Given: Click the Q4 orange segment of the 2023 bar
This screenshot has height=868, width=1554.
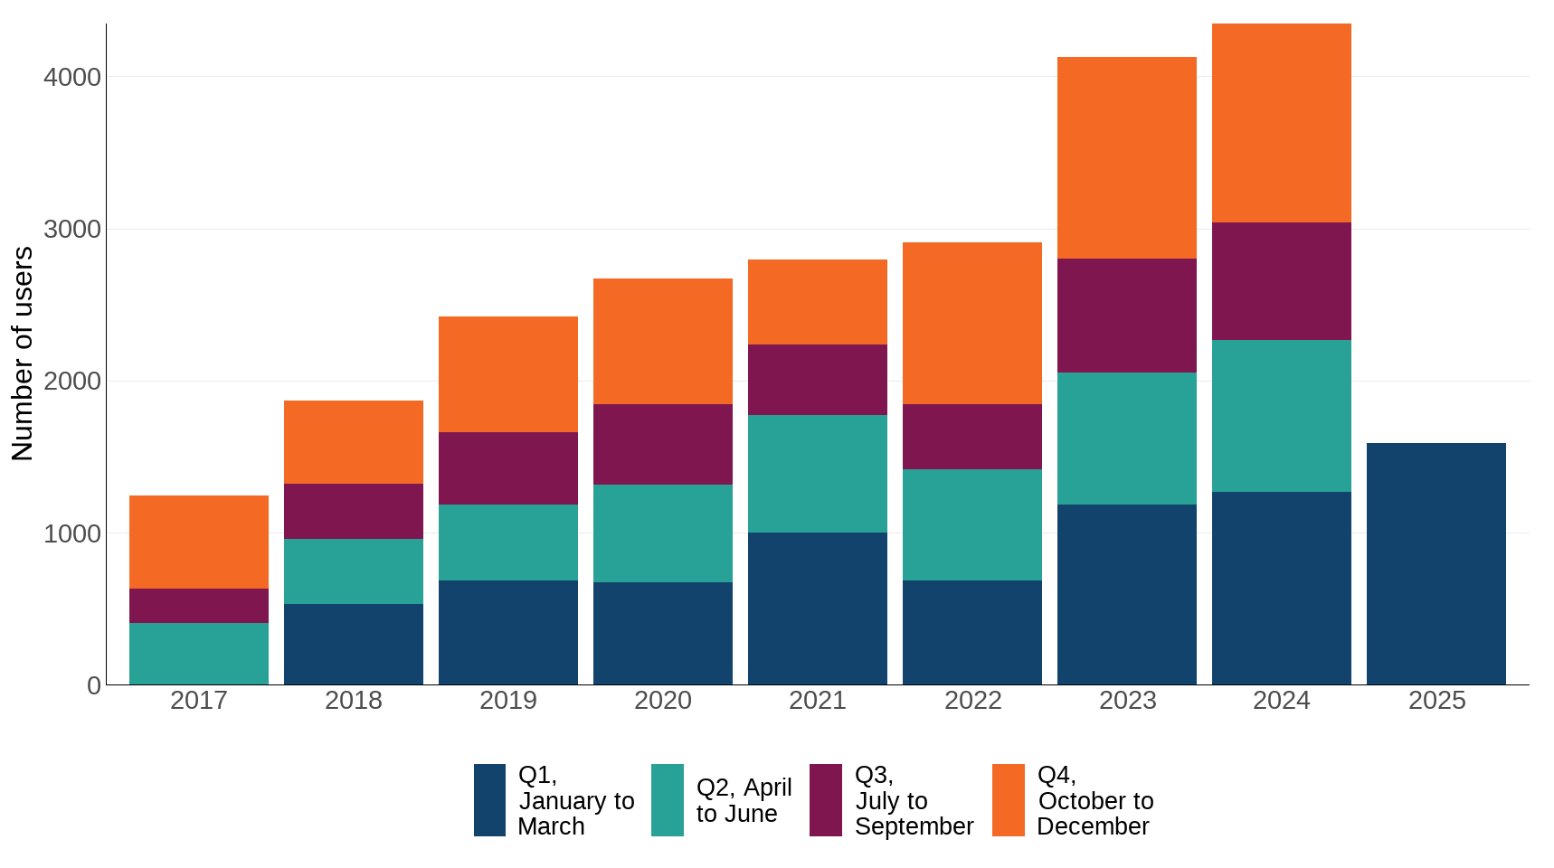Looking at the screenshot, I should pos(1126,158).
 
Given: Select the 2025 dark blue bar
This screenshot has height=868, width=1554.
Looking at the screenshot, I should pos(1436,563).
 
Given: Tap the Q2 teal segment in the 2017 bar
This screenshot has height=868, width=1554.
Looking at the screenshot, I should pos(199,653).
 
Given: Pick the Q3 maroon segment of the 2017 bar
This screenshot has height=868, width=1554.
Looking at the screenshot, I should pos(199,606).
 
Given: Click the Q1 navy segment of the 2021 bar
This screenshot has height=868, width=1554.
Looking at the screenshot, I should pos(817,608).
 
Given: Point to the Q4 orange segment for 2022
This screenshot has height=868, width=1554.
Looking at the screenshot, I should pos(971,323).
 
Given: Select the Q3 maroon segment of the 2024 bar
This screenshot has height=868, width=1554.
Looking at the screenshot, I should pos(1281,281).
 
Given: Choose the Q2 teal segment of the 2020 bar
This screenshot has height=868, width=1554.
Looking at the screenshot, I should pos(662,533).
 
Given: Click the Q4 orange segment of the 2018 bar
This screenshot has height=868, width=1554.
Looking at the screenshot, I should pos(353,442).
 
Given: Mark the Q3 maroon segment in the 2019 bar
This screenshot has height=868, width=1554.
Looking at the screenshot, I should pos(507,468).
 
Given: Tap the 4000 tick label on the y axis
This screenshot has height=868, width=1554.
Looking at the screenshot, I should pos(72,77).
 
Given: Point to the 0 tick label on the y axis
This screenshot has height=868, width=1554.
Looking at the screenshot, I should pos(93,685).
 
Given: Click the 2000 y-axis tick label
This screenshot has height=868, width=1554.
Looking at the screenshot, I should pos(72,382).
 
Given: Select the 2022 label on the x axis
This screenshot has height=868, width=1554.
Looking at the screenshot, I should pos(972,701).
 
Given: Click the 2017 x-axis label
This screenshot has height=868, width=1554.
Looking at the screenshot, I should pos(199,701).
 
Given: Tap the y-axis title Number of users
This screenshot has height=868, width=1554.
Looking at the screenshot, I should pos(23,354).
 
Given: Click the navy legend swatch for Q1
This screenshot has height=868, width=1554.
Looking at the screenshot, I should pos(489,800).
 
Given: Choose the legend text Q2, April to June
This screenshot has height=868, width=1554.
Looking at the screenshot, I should pos(744,800).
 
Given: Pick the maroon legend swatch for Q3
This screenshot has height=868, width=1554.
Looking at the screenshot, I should pos(825,800).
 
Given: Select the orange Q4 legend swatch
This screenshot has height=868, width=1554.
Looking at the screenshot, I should pos(1008,800).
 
